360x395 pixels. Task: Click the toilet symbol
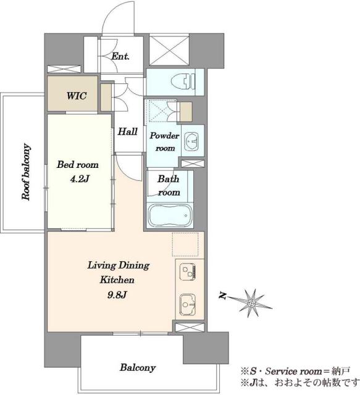pos(183,81)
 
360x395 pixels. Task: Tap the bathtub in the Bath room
pos(170,215)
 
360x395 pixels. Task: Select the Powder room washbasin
pos(191,141)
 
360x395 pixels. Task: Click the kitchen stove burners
pos(188,272)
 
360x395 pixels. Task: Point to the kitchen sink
pos(188,304)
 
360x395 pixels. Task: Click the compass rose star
pos(252,302)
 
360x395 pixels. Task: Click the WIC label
pos(77,96)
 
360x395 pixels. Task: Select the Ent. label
pos(120,56)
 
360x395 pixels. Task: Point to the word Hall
pos(128,131)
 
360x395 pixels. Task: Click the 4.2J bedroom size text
pos(80,179)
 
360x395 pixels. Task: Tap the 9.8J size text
pos(117,294)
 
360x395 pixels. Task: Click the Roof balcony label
pos(26,172)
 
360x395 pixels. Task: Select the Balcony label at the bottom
pos(138,368)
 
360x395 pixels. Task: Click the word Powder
pos(164,136)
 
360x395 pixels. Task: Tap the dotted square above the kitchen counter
pos(185,244)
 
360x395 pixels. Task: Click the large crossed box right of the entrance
pos(169,50)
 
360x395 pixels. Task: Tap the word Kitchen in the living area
pos(117,280)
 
